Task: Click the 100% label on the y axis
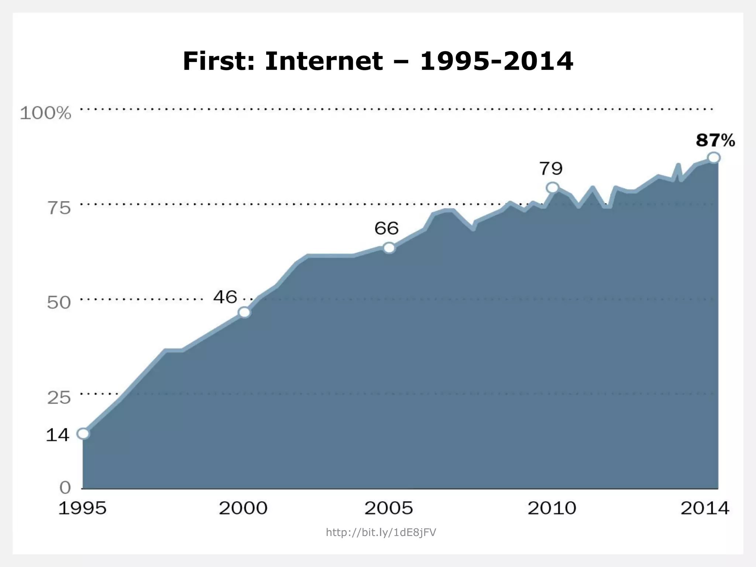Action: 45,113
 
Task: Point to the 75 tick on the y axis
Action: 58,208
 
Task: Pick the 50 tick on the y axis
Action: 58,303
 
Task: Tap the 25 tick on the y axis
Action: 58,398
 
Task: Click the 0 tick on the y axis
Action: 65,488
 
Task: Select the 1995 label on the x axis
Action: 82,508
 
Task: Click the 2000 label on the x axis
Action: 243,508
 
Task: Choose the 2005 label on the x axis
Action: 388,508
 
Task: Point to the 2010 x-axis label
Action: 551,508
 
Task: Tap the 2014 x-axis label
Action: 705,508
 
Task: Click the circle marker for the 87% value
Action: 714,158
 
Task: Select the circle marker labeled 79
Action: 552,188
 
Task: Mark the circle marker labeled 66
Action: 389,248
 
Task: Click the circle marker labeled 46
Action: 244,312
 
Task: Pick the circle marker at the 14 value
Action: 83,433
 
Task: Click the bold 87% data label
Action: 715,141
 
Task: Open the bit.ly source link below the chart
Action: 381,532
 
